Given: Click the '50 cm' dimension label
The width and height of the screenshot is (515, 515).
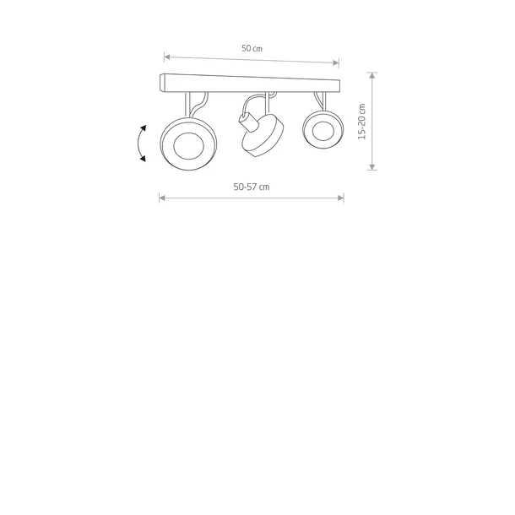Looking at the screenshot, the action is click(x=252, y=48).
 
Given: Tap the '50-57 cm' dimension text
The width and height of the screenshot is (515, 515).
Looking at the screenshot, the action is click(x=252, y=187).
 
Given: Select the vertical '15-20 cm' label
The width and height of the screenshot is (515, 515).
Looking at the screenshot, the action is click(x=361, y=122).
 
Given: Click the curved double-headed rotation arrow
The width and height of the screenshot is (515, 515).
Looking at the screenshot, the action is click(x=138, y=144).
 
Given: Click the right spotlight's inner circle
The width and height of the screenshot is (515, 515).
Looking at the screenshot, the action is click(x=323, y=131).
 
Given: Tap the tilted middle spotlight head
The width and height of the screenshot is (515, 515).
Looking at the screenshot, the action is click(x=263, y=136).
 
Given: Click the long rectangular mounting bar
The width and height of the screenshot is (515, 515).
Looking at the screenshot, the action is click(x=250, y=84).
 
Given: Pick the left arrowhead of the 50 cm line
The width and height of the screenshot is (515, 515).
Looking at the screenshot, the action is click(x=166, y=57).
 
